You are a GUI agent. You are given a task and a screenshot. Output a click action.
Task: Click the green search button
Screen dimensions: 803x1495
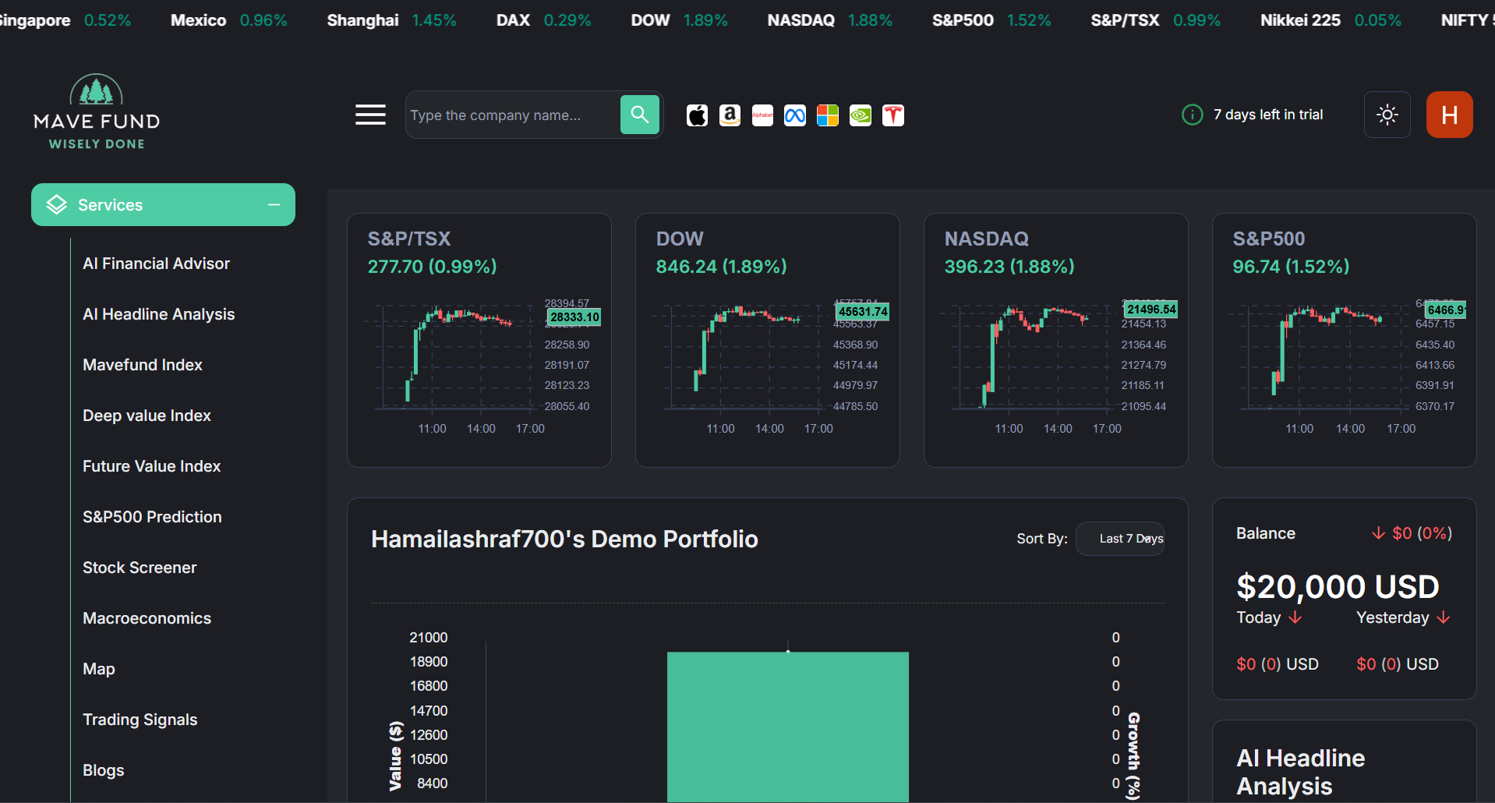click(640, 115)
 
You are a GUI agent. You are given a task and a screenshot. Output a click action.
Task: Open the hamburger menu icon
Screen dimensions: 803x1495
click(370, 115)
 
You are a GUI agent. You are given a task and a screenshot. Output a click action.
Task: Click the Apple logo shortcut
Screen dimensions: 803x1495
click(697, 115)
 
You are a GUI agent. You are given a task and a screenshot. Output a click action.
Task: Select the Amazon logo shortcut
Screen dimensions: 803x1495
click(730, 115)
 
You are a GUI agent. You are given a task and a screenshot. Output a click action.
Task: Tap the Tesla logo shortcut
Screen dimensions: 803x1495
click(893, 115)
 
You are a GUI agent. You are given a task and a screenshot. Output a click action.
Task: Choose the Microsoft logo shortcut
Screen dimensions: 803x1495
click(827, 115)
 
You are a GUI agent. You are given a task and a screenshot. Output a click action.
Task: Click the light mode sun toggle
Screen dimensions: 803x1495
click(1387, 115)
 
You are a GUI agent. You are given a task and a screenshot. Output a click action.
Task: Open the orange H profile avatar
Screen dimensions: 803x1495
click(1449, 115)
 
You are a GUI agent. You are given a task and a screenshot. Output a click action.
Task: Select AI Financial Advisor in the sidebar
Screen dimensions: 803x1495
click(156, 264)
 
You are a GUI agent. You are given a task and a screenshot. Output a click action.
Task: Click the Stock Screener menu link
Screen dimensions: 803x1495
click(140, 568)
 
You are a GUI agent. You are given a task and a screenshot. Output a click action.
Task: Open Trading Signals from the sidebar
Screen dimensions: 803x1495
click(140, 720)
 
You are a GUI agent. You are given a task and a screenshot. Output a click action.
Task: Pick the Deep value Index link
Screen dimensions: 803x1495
click(147, 416)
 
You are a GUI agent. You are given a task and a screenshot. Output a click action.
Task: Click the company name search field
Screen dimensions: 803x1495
click(511, 115)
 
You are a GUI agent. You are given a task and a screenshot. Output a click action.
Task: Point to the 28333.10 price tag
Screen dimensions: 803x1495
click(574, 317)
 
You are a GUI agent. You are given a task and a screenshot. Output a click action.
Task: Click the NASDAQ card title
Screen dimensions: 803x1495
click(986, 239)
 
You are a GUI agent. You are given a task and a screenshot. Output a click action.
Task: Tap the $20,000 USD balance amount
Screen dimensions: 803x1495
click(1338, 587)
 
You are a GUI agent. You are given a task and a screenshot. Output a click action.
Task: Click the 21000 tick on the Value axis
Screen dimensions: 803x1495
click(429, 638)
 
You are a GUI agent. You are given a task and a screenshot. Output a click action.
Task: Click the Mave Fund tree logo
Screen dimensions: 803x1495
click(96, 90)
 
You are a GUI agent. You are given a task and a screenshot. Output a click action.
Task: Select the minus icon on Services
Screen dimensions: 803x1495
click(274, 204)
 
